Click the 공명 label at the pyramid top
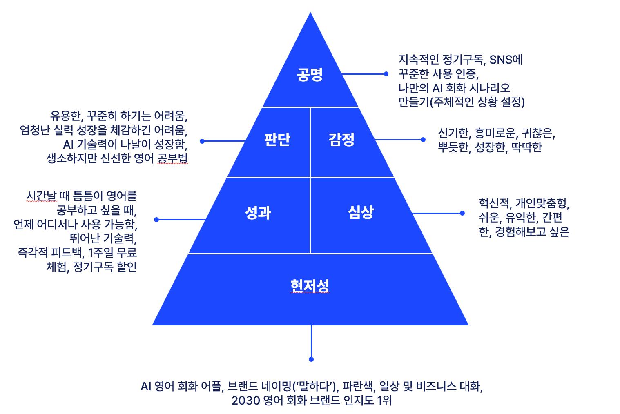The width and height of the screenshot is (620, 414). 310,74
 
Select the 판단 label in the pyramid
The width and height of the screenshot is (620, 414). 277,140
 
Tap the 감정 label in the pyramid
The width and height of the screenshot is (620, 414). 341,140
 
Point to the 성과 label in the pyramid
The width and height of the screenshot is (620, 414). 258,213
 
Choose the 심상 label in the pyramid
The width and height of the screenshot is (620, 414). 361,212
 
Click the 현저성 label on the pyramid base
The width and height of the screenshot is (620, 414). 310,286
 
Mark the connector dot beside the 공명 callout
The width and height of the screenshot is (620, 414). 386,74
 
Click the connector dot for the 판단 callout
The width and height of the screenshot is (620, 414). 202,141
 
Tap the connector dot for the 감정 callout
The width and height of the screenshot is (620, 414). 423,140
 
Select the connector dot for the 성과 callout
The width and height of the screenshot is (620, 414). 156,220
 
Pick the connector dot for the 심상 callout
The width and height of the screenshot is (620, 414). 462,213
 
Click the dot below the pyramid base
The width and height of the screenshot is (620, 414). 311,359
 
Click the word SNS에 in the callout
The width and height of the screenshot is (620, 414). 506,60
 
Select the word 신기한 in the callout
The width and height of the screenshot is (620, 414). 453,133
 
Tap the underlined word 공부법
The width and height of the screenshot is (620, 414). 172,158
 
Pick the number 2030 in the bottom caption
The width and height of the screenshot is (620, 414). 245,401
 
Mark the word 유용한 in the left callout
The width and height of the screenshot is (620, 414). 65,117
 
